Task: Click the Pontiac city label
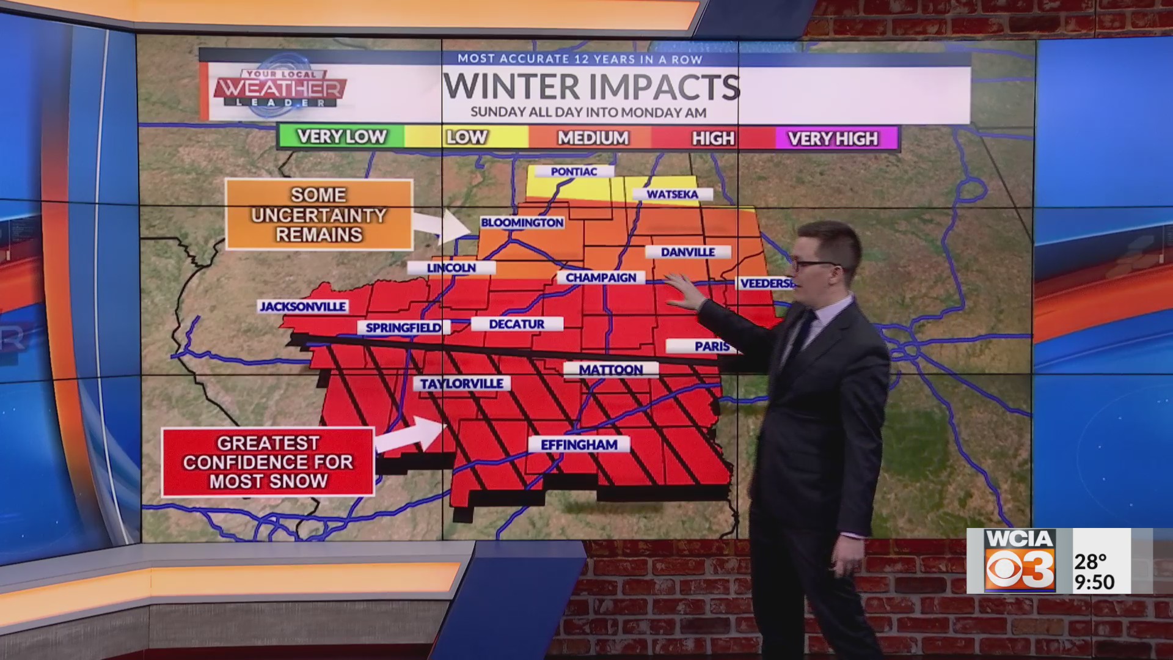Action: [574, 172]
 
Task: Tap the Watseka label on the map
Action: [672, 194]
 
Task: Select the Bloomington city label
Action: [522, 222]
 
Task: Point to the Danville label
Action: [688, 252]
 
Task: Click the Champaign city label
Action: [601, 277]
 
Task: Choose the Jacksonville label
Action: [303, 306]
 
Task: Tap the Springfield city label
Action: [403, 328]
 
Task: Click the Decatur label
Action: [517, 324]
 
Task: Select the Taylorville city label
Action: [462, 383]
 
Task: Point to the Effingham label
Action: [579, 445]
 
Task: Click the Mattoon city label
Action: [611, 370]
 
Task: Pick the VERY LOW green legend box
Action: [341, 137]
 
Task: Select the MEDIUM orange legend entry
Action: [593, 138]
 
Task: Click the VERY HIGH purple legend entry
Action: [833, 139]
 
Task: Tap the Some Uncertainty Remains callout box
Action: [319, 215]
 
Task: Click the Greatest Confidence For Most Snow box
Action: [268, 462]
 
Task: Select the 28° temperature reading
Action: [1091, 560]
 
